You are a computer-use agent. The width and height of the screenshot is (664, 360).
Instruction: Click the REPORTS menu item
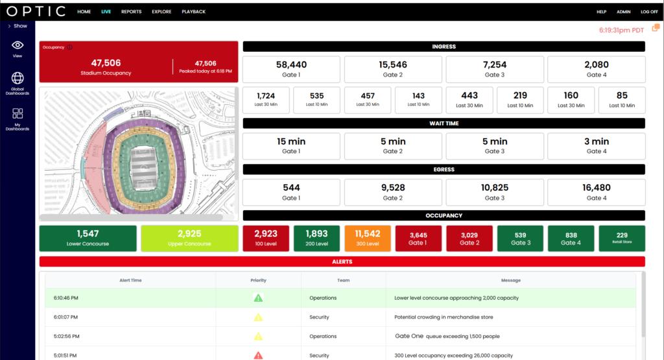tap(131, 12)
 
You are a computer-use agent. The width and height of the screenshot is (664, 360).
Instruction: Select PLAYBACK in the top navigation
tap(193, 12)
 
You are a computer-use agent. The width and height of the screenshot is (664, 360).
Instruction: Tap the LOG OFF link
tap(649, 12)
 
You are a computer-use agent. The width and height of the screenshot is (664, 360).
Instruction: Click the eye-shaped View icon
tap(18, 45)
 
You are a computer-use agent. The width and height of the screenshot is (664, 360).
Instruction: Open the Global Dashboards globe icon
tap(18, 78)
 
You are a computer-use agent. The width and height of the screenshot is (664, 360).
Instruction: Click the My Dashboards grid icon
tap(18, 114)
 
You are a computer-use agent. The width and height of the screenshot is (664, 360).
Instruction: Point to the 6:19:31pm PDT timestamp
tap(621, 30)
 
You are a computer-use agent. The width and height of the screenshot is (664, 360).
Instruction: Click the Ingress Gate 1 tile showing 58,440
tap(291, 69)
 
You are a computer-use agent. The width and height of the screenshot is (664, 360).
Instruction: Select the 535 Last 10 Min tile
tap(316, 100)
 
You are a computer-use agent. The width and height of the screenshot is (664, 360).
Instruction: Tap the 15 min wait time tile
tap(291, 146)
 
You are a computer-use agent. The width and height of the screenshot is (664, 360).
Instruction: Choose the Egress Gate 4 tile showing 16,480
tap(597, 192)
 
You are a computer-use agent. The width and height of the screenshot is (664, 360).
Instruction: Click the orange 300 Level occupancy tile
tap(368, 239)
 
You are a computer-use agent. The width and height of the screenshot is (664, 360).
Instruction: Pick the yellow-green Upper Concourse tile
tap(189, 239)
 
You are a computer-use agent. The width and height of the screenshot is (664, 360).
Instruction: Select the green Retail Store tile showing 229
tap(622, 239)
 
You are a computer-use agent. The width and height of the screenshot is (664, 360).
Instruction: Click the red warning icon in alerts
tap(258, 355)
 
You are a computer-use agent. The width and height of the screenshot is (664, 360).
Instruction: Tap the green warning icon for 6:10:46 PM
tap(258, 298)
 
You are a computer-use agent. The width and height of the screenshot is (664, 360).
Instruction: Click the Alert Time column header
tap(130, 280)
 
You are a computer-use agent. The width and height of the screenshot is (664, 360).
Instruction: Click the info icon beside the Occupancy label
tap(69, 47)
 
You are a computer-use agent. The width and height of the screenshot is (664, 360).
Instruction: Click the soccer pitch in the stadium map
tap(143, 168)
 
